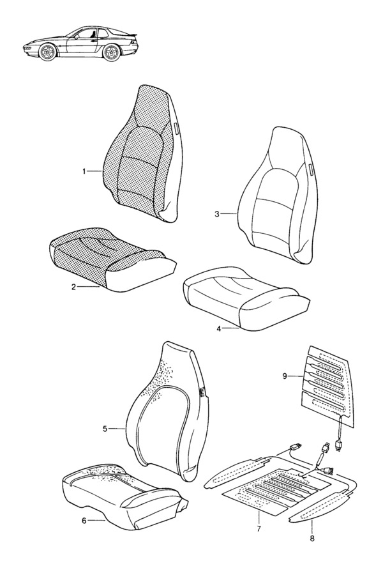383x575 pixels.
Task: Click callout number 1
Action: point(84,171)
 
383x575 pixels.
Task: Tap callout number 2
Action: point(73,287)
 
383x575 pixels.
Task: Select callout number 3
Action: point(217,214)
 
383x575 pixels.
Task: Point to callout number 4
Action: point(219,328)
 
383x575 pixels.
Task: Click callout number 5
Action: point(105,429)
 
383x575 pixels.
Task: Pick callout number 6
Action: point(84,520)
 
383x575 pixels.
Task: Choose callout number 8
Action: point(312,539)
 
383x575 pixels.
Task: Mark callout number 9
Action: point(285,376)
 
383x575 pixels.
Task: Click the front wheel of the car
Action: point(48,52)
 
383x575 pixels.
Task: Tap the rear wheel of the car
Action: point(112,52)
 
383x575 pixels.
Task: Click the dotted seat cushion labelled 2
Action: point(112,259)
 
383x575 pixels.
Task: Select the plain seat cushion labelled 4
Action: point(246,298)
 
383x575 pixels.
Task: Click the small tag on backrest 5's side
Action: point(202,392)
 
